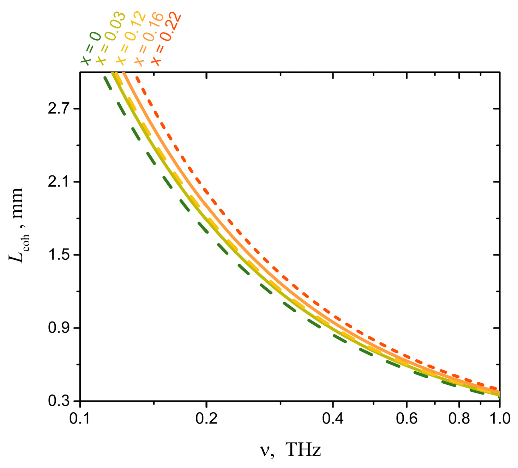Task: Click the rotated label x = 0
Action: coord(91,48)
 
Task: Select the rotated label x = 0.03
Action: coord(110,39)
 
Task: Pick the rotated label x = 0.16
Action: coord(149,39)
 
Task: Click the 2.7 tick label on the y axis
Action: coord(59,109)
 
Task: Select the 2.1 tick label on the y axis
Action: coord(59,182)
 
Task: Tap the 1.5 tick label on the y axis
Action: coord(59,255)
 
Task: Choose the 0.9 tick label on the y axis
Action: coord(59,328)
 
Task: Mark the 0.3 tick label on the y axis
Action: coord(59,401)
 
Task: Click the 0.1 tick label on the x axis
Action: coord(80,419)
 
